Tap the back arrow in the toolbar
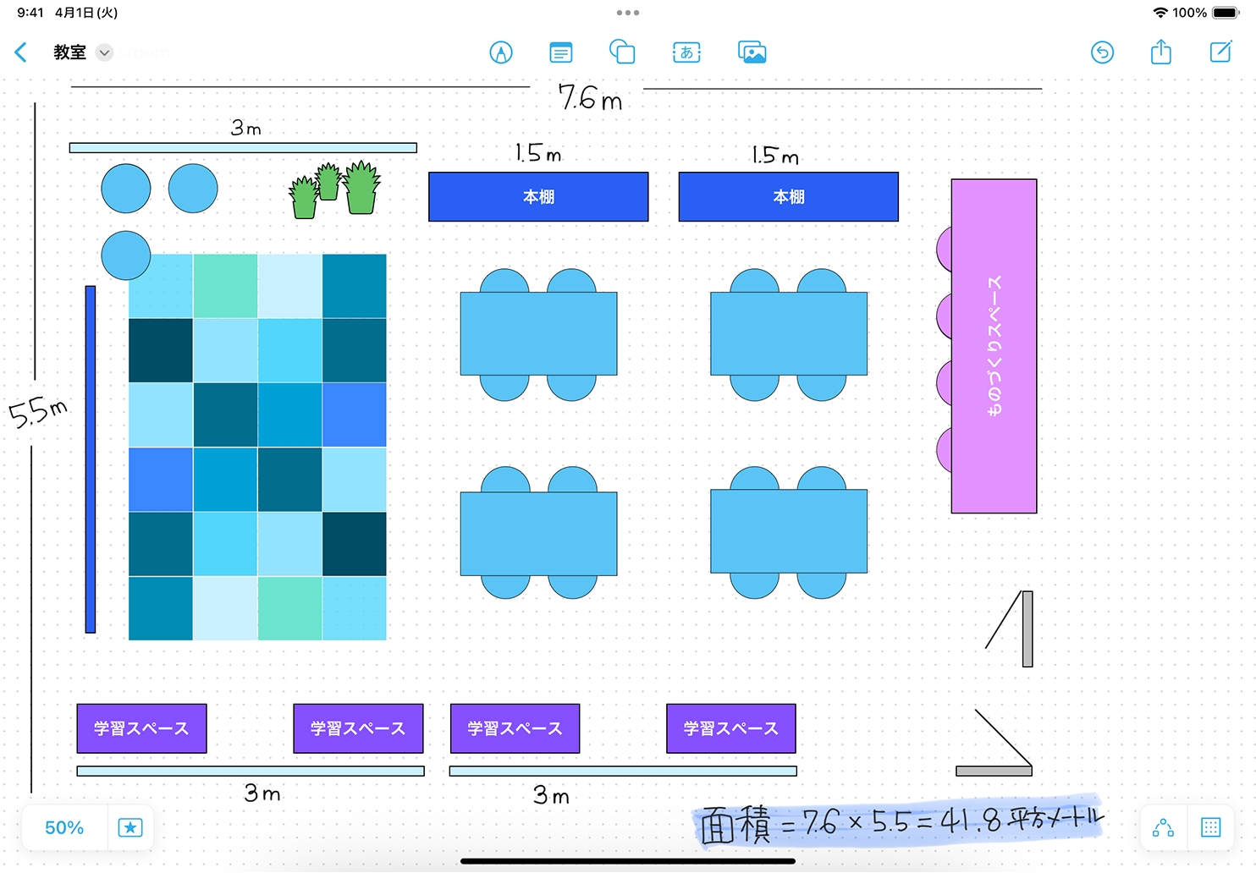click(21, 52)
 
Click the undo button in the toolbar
click(1102, 52)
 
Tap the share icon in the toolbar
click(1160, 52)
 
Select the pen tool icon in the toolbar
click(501, 52)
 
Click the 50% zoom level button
click(64, 827)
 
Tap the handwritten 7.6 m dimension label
click(590, 97)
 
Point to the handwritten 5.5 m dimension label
click(38, 413)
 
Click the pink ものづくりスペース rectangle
click(994, 346)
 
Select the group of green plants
click(335, 189)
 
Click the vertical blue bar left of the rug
click(91, 458)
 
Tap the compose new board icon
click(1220, 52)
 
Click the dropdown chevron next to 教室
click(104, 52)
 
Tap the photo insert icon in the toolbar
click(752, 52)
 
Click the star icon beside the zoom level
click(130, 827)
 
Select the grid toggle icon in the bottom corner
click(1210, 827)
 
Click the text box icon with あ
click(686, 52)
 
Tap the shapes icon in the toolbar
click(622, 52)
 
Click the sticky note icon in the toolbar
click(560, 52)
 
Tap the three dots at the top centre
click(627, 13)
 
